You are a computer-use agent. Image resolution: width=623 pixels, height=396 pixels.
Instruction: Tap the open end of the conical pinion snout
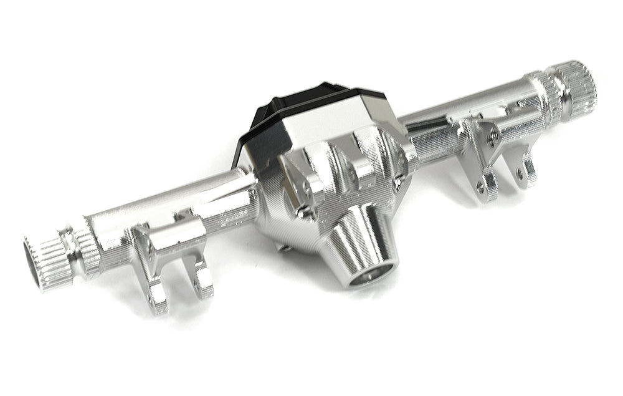coord(372,274)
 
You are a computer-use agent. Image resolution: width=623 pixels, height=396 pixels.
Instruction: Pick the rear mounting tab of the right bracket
coord(527,171)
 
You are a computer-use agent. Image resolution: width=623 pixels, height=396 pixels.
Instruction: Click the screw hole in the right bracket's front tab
coord(480,185)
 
